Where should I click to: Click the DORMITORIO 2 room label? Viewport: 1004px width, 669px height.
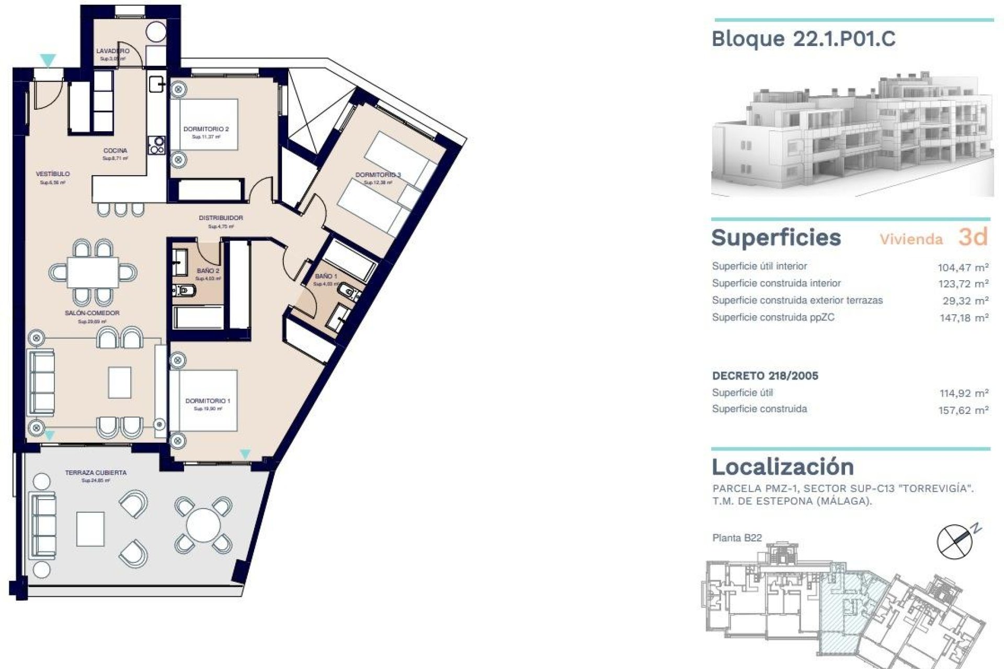pos(206,129)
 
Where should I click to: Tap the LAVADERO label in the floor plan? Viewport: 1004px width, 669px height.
pos(112,51)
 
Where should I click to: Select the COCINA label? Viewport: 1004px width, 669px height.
pos(115,151)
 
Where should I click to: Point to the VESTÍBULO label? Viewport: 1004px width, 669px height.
pos(53,174)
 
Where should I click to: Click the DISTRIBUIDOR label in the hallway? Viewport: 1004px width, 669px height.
pos(221,218)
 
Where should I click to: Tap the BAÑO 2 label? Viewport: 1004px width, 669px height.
pos(208,271)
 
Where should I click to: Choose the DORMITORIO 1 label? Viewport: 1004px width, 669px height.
pos(208,401)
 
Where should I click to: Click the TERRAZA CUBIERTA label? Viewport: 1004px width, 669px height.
pos(96,472)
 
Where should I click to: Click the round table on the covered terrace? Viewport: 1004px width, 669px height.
pos(204,525)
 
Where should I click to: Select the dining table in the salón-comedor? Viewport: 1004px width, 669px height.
pos(93,272)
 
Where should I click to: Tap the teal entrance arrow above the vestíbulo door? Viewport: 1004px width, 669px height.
pos(48,61)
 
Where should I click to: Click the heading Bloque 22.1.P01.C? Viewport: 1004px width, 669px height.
pos(803,39)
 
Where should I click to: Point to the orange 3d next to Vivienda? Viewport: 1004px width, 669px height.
pos(973,237)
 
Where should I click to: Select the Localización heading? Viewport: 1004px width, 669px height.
pos(782,467)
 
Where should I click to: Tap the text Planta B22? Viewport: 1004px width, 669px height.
pos(737,538)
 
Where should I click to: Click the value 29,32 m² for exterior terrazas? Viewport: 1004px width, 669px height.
pos(965,301)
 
